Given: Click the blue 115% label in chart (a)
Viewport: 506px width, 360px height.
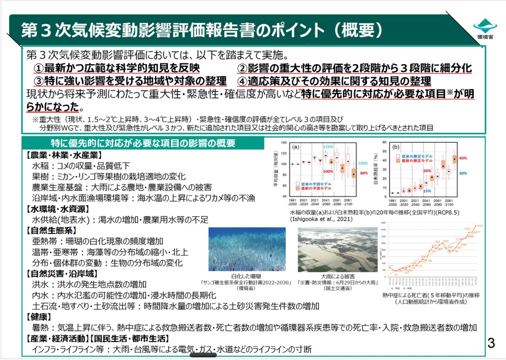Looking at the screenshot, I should pos(328,147).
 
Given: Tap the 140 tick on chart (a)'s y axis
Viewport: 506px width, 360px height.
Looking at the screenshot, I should pos(283,142).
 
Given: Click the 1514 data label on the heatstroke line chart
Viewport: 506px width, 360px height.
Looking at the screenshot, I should pos(480,226).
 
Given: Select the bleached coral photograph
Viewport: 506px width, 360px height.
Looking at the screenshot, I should pos(247,250).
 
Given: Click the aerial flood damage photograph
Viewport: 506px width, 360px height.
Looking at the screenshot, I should pos(336,250).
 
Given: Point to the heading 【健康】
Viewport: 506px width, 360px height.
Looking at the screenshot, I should pos(39,317).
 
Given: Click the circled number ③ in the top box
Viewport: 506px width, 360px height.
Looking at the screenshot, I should pos(39,81).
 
